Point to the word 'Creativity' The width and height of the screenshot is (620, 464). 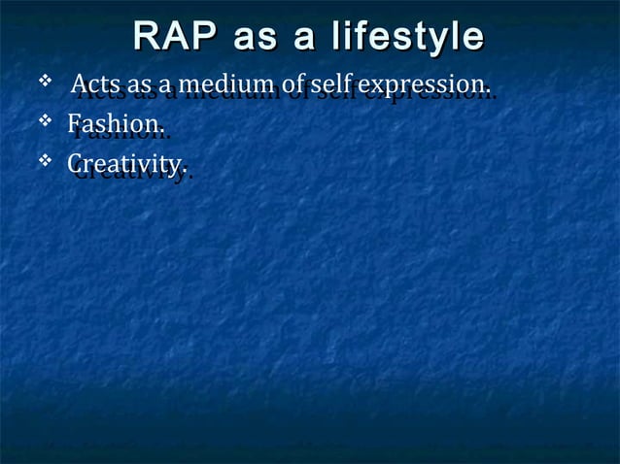click(x=125, y=166)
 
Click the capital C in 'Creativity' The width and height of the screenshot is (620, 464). click(x=75, y=166)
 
